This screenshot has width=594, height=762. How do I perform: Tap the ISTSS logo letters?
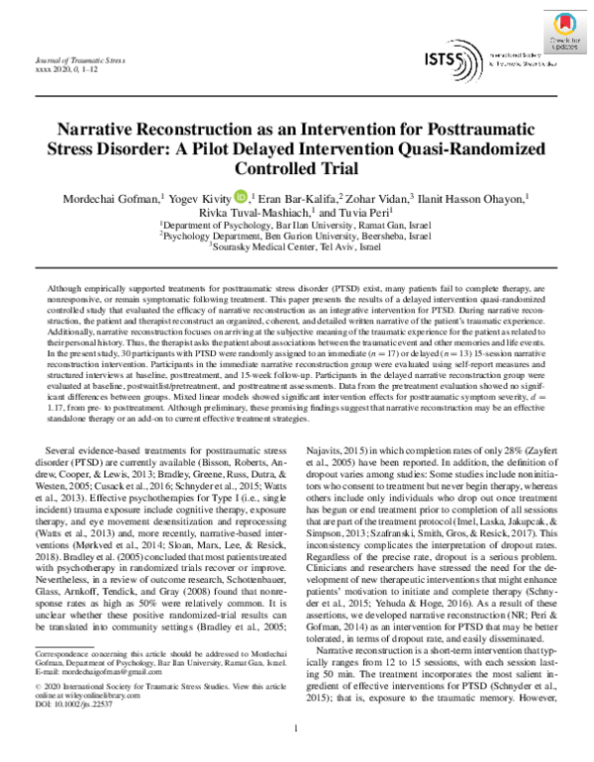click(442, 60)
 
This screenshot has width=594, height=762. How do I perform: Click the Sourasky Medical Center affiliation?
click(296, 247)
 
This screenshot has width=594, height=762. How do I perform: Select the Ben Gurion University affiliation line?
click(296, 237)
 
